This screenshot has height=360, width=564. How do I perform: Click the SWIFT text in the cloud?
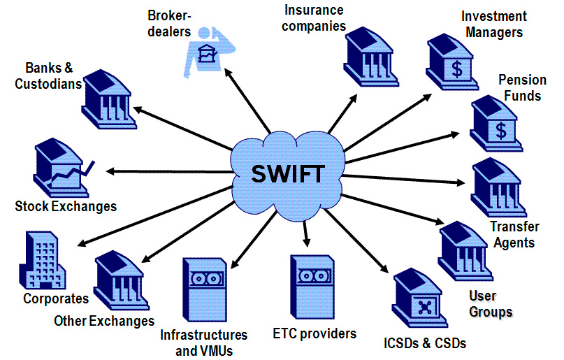click(288, 174)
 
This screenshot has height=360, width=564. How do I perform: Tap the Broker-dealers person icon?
click(210, 52)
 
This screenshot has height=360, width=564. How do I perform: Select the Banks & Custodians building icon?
click(109, 99)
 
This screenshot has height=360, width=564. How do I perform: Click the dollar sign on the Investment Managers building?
click(457, 69)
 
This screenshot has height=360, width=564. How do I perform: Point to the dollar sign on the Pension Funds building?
click(501, 130)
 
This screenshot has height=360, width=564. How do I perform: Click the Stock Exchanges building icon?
click(64, 168)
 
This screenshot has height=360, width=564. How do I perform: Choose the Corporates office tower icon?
click(43, 260)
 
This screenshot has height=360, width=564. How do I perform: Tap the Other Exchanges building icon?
click(121, 280)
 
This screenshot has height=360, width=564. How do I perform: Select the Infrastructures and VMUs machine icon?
click(205, 289)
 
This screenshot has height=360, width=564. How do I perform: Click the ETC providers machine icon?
click(312, 287)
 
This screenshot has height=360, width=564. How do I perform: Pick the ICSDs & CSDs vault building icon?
click(419, 298)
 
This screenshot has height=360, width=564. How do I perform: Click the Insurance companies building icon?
click(371, 57)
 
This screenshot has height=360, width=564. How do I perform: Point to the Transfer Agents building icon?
click(498, 187)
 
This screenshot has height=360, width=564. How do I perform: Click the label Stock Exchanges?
click(66, 206)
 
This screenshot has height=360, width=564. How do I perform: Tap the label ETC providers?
click(314, 333)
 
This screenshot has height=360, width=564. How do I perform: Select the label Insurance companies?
click(314, 18)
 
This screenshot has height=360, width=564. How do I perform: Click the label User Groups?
click(491, 304)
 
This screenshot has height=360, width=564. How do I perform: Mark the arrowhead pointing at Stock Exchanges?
click(110, 171)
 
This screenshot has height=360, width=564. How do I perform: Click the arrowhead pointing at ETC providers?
click(306, 243)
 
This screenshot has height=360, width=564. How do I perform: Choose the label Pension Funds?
click(522, 88)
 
